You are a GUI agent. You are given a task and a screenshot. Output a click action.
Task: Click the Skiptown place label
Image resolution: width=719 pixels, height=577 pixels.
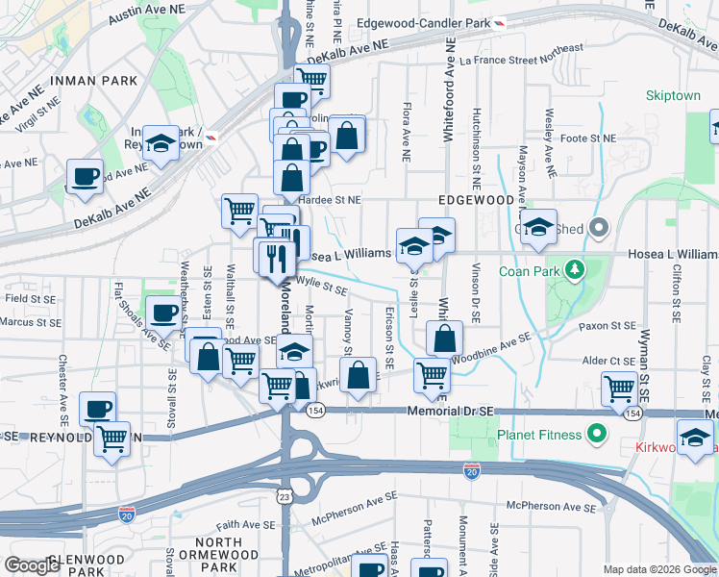(672, 97)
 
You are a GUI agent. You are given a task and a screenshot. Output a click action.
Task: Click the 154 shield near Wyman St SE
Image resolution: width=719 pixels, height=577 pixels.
(631, 413)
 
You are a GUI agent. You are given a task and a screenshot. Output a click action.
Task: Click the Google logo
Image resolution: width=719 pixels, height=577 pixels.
(33, 565)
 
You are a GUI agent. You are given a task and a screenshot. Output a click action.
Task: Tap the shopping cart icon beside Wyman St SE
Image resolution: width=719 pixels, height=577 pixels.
(618, 389)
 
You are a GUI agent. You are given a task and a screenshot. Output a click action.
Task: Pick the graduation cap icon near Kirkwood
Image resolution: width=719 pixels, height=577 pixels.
(695, 437)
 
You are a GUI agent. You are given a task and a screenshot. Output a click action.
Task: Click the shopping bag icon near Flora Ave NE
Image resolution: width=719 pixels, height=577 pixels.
(347, 134)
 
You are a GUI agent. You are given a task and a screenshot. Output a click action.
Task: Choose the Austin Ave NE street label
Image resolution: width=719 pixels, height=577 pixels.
(146, 13)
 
